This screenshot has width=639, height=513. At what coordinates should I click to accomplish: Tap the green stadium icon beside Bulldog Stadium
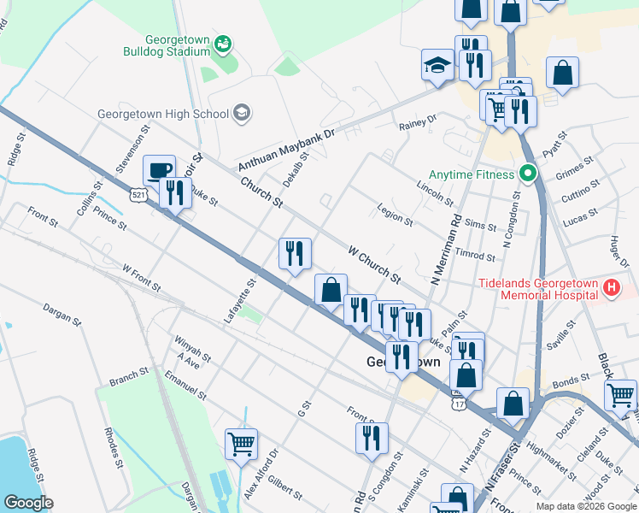click(x=223, y=43)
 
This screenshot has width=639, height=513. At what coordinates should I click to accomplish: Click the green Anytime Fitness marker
click(x=528, y=174)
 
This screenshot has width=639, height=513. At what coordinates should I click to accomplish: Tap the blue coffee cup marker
click(x=159, y=169)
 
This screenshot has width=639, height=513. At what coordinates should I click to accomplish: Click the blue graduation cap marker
click(x=437, y=65)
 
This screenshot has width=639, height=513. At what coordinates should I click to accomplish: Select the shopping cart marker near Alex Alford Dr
click(x=242, y=443)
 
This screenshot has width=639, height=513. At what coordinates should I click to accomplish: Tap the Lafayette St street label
click(x=240, y=300)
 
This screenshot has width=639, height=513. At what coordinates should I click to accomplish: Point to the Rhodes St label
click(x=112, y=445)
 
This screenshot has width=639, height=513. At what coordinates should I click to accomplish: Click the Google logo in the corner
click(x=28, y=503)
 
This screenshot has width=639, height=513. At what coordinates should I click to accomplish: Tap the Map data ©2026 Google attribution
click(x=585, y=506)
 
